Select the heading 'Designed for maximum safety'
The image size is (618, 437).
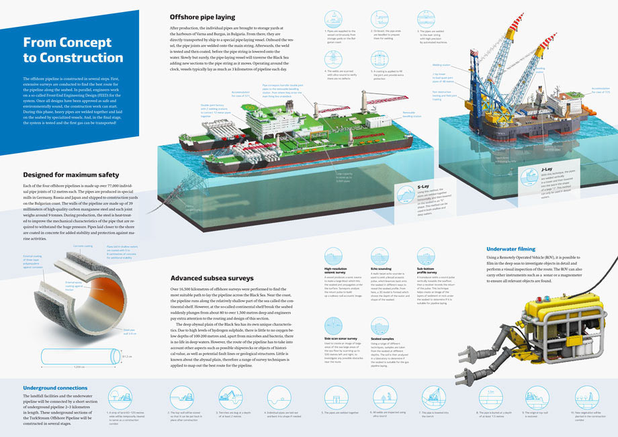pos(67,175)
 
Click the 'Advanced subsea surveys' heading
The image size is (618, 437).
pos(212,278)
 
